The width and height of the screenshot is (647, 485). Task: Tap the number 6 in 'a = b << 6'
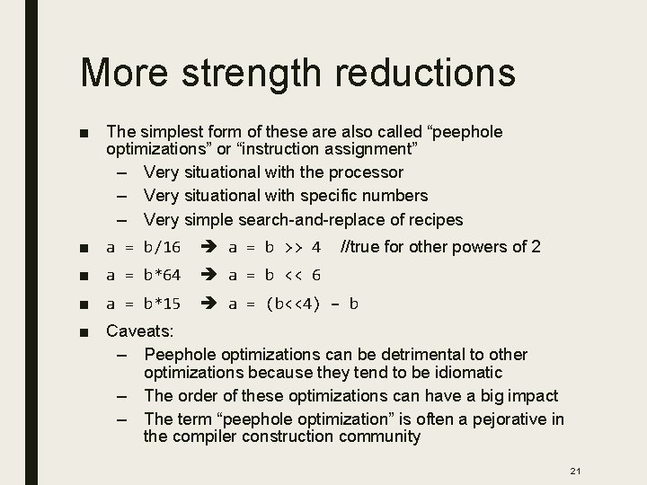tap(315, 276)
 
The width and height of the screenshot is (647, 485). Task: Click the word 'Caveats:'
tap(140, 331)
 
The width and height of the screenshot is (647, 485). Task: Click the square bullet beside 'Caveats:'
tap(84, 331)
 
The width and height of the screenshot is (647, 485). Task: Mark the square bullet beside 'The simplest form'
tap(84, 133)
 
